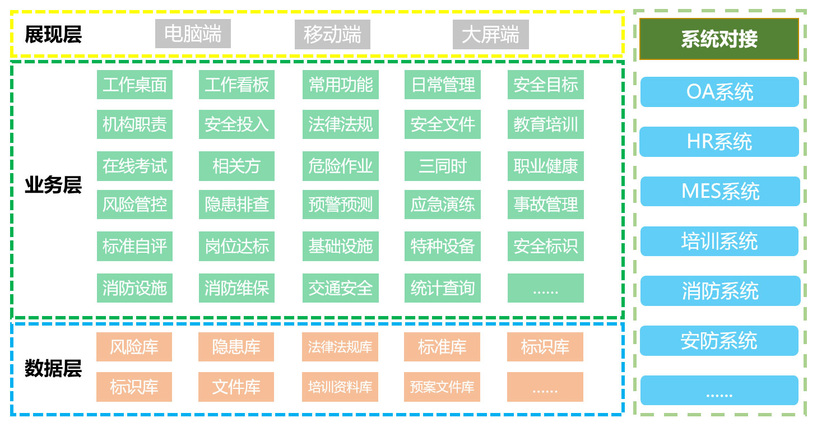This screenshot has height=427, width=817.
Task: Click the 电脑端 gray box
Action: [193, 34]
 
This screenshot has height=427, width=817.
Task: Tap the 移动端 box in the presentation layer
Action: [332, 35]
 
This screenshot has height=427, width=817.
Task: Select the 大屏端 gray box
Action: [490, 35]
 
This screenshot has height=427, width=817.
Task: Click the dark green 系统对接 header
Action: [719, 39]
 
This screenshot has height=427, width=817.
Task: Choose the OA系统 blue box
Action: [719, 92]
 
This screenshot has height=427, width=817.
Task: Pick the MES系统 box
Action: [719, 191]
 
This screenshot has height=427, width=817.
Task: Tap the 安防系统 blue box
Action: [719, 341]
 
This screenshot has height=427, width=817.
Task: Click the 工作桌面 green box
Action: [134, 85]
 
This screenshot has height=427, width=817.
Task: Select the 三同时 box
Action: [442, 166]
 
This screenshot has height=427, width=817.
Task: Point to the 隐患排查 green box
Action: [236, 205]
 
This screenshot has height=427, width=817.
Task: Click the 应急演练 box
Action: [442, 205]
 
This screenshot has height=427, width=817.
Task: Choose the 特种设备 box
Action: [442, 246]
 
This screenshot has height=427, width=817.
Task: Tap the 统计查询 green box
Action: [442, 288]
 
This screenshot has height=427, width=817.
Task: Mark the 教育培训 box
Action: [545, 124]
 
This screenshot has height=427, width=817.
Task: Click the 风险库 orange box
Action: [134, 347]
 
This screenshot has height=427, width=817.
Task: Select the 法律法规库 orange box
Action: [340, 347]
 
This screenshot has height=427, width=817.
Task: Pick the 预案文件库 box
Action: [442, 387]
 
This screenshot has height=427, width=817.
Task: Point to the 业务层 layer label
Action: [53, 185]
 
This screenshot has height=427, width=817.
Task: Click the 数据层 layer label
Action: [53, 369]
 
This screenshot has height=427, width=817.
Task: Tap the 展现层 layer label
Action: [53, 35]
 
